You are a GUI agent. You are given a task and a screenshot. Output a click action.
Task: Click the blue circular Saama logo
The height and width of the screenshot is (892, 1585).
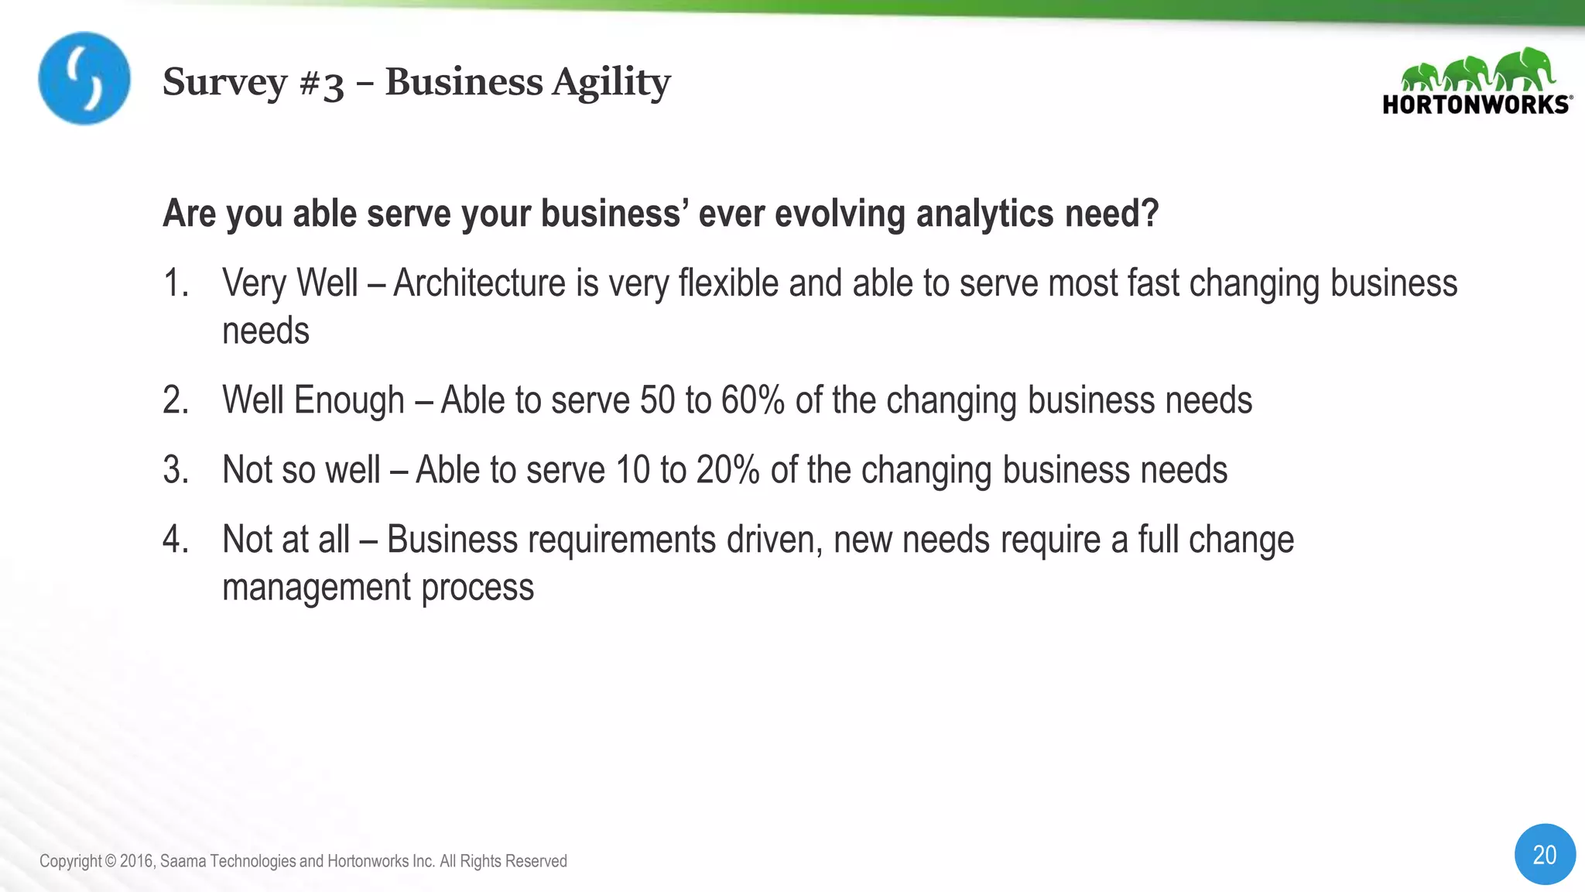pos(84,78)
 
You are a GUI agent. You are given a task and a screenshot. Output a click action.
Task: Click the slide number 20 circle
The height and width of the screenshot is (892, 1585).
pos(1544,854)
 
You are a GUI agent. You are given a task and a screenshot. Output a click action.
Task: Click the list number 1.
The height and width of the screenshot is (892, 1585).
pos(176,283)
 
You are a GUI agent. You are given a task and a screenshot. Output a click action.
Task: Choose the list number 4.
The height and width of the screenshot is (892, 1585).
pos(176,540)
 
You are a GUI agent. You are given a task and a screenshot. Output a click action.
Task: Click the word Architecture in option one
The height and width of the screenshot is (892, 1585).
pos(480,283)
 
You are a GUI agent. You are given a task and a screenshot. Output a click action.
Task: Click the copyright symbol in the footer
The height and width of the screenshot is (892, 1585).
pos(110,861)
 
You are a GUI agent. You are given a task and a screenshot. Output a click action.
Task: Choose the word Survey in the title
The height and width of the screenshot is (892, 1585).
pos(224,83)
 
